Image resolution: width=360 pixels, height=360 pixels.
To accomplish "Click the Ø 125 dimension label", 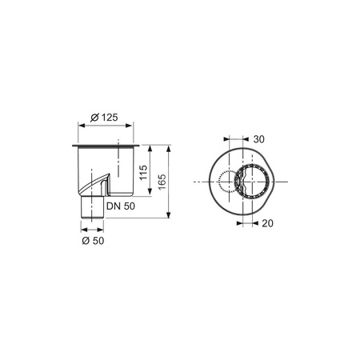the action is [104, 118].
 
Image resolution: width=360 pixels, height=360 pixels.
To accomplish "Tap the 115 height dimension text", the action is [143, 173].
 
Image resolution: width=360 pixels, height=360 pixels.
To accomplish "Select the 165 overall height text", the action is [162, 182].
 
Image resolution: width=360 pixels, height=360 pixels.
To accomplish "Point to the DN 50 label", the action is [121, 206].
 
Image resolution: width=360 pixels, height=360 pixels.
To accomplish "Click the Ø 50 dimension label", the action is [93, 241].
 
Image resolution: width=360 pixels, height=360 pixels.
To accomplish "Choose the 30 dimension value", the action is [258, 139].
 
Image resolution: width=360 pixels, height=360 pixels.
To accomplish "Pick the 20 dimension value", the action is [267, 223].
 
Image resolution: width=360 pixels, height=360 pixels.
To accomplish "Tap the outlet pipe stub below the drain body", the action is [92, 207].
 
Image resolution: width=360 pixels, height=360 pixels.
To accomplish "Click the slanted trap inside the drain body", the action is [94, 183].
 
